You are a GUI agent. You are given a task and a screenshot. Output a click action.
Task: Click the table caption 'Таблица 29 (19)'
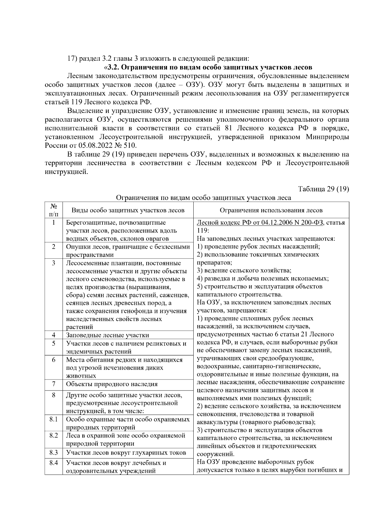click(x=324, y=189)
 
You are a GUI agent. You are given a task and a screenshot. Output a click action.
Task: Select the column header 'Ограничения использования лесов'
click(x=271, y=210)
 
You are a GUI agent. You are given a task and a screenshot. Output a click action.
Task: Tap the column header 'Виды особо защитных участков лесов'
click(x=128, y=210)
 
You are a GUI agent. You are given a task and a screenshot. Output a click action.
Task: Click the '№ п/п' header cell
click(x=54, y=210)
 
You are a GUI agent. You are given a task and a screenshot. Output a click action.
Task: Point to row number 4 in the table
click(x=54, y=335)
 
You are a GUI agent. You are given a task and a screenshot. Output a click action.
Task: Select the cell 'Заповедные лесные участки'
click(x=107, y=335)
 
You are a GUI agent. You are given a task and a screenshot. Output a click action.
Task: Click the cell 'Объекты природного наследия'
click(x=112, y=384)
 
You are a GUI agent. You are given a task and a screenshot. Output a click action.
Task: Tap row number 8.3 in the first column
click(x=54, y=452)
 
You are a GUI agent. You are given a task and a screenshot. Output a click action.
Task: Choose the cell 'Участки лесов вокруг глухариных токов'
click(x=126, y=453)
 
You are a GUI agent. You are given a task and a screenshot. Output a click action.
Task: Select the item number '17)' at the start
click(x=73, y=59)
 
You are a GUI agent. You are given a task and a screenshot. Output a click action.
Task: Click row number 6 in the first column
click(x=54, y=360)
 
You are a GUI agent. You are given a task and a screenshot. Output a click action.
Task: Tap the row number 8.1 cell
click(x=54, y=419)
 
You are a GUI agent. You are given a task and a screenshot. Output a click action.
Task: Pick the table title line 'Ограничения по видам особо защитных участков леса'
click(x=203, y=198)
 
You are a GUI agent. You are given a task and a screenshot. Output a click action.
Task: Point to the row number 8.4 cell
click(x=54, y=462)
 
